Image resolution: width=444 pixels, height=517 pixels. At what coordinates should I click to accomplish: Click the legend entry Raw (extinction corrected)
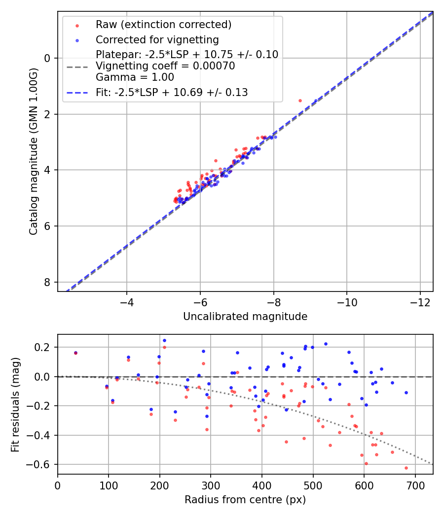coord(163,25)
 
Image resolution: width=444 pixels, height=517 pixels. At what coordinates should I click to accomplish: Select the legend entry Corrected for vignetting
coord(157,39)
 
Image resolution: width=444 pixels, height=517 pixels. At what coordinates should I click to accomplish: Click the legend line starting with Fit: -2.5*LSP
coord(172,92)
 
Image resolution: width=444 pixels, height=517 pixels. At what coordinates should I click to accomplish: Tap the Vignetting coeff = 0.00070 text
coord(165,65)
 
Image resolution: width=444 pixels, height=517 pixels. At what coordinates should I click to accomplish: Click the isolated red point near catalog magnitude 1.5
coord(300,100)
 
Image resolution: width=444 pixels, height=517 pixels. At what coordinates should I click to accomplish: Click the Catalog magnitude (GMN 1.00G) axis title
coord(33,152)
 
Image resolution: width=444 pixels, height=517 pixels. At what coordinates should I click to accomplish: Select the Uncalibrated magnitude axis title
coord(245,317)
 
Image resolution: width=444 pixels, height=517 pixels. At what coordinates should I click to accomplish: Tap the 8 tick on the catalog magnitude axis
coord(47,282)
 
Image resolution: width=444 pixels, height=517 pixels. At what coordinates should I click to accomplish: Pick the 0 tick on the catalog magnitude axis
coord(47,58)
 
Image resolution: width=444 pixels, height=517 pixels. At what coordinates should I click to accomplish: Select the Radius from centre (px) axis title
coord(245,500)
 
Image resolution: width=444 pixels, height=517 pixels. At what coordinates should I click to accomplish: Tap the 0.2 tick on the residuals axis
coord(44,347)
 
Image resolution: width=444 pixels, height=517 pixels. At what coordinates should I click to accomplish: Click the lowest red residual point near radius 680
coord(406,468)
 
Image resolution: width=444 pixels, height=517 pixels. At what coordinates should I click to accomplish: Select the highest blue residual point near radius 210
coord(164,340)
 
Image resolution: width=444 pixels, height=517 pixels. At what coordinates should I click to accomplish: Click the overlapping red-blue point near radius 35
coord(75,353)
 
